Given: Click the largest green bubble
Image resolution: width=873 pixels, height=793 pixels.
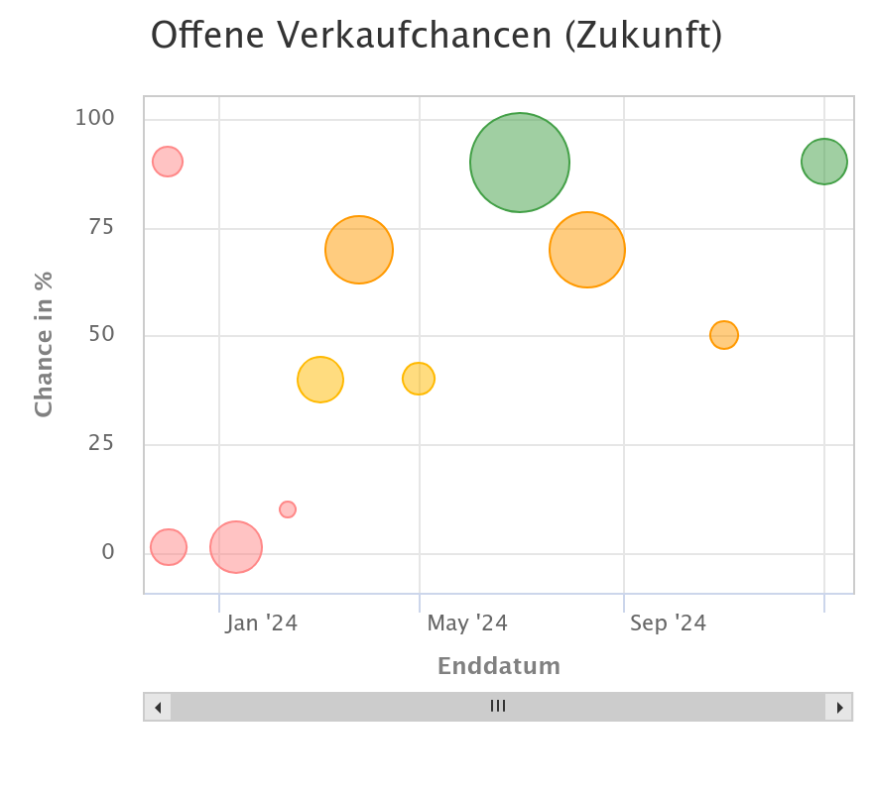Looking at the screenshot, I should (x=520, y=163).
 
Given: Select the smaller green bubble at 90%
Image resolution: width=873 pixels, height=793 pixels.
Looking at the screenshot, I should (x=824, y=162).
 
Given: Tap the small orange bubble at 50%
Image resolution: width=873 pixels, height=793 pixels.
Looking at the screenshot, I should (x=724, y=335).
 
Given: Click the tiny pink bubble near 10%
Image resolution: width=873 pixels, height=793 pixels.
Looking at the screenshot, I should (x=288, y=510).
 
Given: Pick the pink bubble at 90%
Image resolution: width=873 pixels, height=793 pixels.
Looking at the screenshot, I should (x=168, y=161).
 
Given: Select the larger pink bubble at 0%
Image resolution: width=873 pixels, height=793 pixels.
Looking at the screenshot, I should (x=236, y=547).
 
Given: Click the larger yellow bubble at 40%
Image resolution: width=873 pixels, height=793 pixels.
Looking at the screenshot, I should (x=320, y=380).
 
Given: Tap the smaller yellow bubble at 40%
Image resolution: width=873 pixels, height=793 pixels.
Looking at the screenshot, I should (x=419, y=379).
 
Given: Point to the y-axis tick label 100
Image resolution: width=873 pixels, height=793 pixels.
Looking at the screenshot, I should (x=95, y=118).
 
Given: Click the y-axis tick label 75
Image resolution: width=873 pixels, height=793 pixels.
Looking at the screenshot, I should (x=101, y=227).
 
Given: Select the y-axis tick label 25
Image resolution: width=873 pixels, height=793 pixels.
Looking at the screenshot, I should (x=101, y=443).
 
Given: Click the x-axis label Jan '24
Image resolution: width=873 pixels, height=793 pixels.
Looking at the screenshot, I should (x=262, y=623).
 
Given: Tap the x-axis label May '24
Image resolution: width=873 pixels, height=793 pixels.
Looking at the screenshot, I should (x=467, y=623).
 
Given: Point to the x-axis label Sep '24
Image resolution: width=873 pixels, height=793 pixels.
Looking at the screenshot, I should (x=668, y=623).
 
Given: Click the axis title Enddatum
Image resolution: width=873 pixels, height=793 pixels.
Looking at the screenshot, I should (x=499, y=666).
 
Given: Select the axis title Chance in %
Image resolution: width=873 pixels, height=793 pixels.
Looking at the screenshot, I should (x=44, y=344).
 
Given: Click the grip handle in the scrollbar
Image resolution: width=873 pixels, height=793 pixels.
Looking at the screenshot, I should (x=498, y=707).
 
